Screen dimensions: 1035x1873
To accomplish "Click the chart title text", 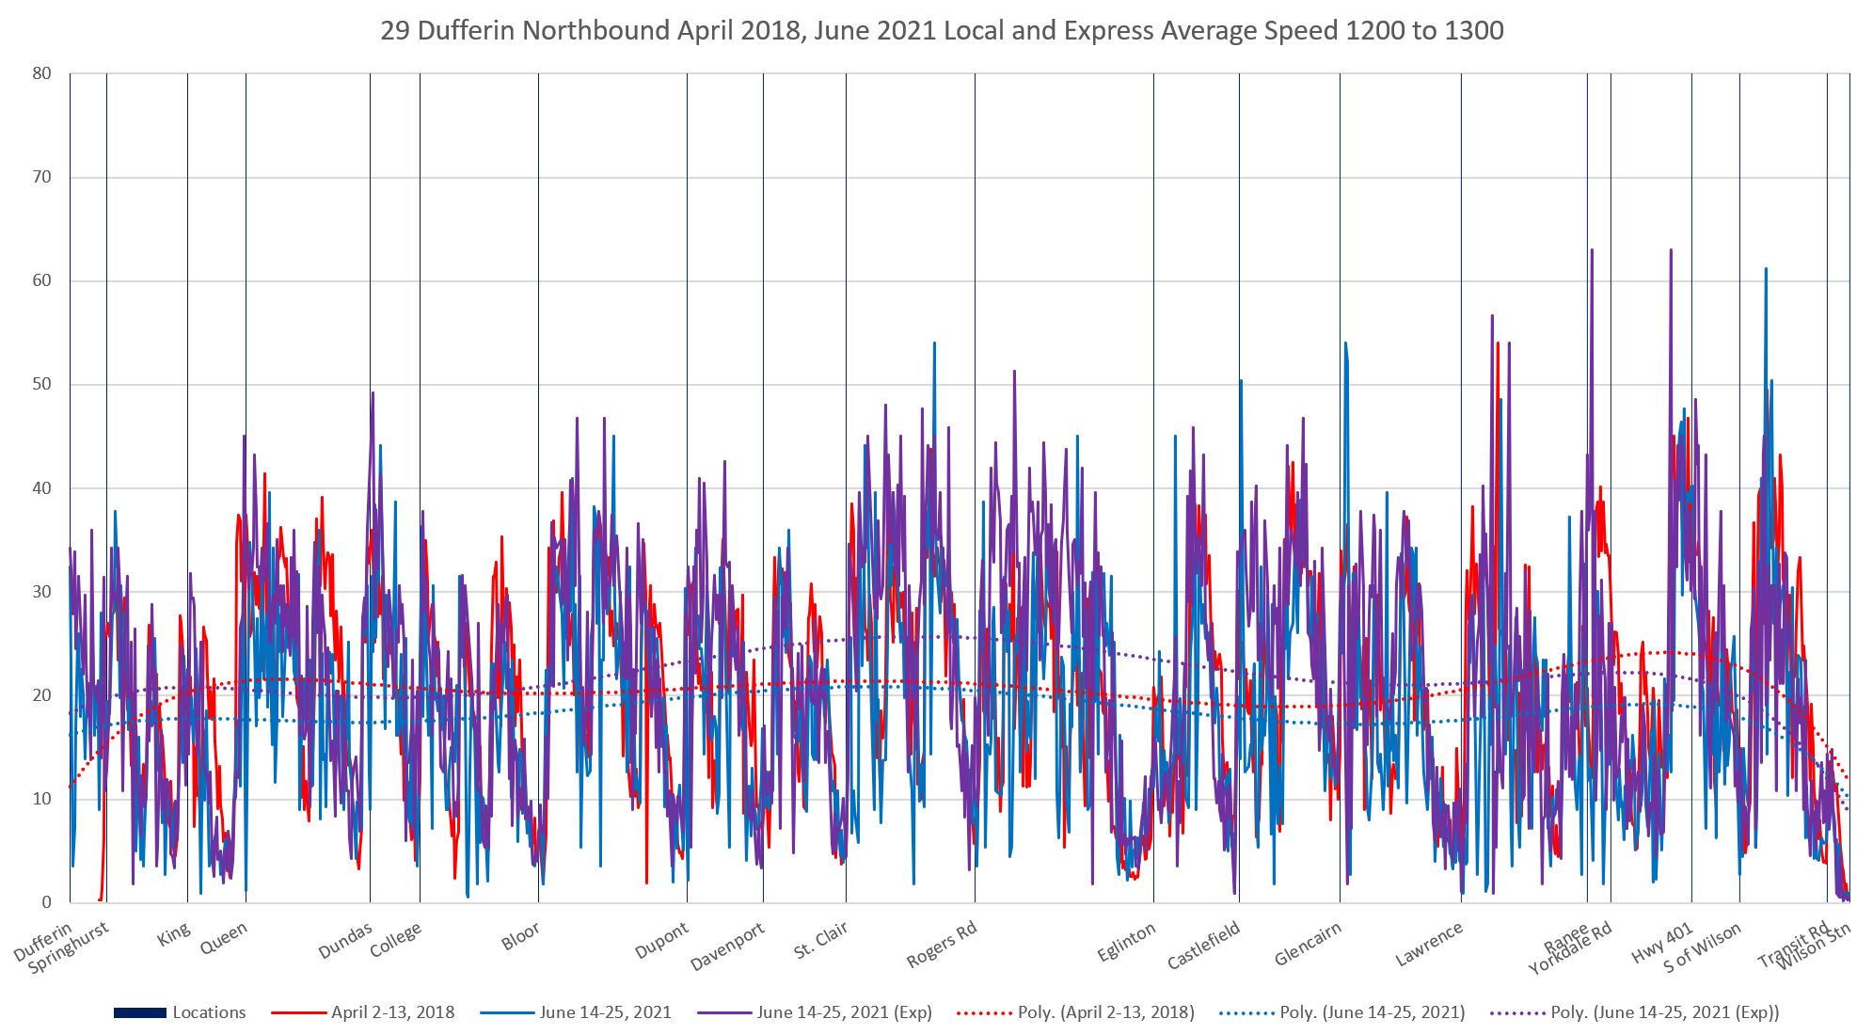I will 942,31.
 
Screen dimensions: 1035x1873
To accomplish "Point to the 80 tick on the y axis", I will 41,73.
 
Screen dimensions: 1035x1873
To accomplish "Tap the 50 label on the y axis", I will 41,384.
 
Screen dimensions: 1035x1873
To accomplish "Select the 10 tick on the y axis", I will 41,799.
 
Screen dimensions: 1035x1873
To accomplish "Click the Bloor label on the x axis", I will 520,936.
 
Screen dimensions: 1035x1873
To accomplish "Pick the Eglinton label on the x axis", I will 1126,942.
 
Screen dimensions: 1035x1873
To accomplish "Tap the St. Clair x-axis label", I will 820,940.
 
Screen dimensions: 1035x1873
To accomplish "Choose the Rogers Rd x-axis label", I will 942,944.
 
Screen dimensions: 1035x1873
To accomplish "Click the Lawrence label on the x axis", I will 1429,943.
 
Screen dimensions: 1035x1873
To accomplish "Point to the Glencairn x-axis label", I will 1308,944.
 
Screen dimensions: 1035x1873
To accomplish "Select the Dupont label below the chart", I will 661,940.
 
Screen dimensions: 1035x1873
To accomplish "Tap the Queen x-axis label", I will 224,938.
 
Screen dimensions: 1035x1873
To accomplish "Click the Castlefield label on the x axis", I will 1203,945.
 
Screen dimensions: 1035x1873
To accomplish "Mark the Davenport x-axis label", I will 727,947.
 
